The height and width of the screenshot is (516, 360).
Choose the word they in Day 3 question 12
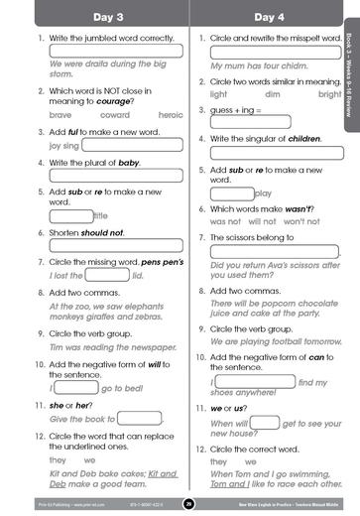click(57, 460)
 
